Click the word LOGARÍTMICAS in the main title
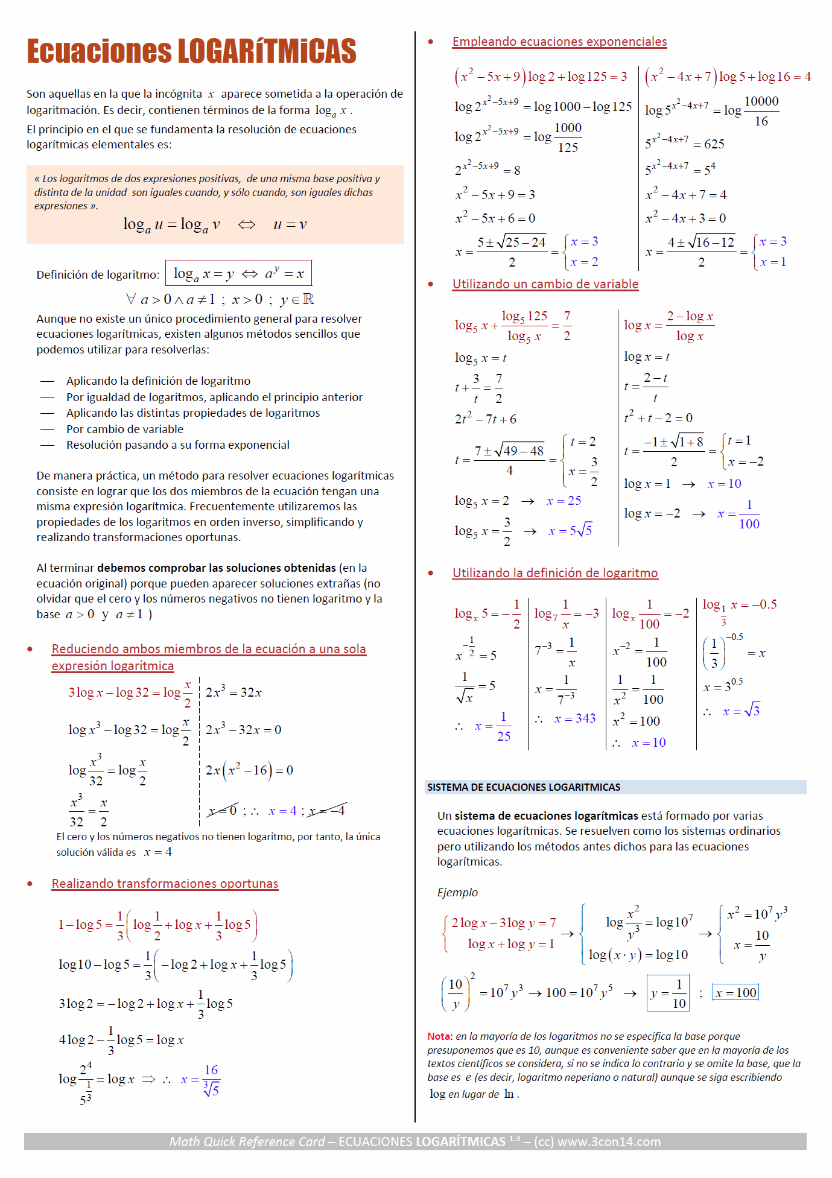tap(267, 51)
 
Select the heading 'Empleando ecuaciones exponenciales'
tap(559, 42)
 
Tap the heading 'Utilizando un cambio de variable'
tap(545, 284)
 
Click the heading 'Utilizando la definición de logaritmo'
tap(554, 573)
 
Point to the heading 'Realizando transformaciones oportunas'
tap(165, 884)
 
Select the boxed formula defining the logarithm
tap(239, 274)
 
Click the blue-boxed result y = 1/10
tap(668, 993)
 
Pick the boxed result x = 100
tap(735, 993)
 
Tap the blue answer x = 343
tap(574, 718)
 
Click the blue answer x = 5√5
tap(570, 531)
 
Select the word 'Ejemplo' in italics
tap(457, 893)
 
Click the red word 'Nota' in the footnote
tap(439, 1036)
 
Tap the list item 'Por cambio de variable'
tap(125, 429)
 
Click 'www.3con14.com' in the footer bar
tap(609, 1142)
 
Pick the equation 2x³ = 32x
tap(233, 692)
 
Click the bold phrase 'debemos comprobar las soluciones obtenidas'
tap(216, 568)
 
